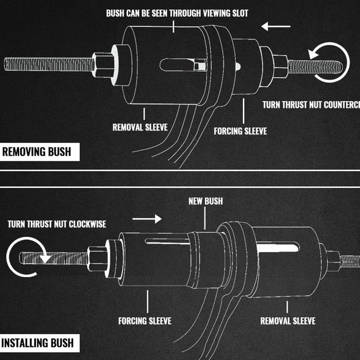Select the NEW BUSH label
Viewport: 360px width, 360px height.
pos(206,201)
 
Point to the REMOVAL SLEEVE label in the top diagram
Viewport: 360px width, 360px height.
pos(140,127)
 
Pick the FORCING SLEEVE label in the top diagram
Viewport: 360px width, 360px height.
pos(240,131)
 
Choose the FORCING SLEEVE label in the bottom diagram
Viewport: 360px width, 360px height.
pos(145,320)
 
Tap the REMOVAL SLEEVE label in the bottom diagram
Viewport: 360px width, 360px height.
pos(288,320)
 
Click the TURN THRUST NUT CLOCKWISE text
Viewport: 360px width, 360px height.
pos(57,224)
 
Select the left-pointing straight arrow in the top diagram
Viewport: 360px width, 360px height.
pos(276,26)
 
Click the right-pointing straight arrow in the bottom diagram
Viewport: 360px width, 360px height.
pos(147,218)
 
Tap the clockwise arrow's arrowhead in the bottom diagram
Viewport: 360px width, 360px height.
pos(45,258)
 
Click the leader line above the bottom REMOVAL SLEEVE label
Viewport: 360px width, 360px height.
pos(287,307)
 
